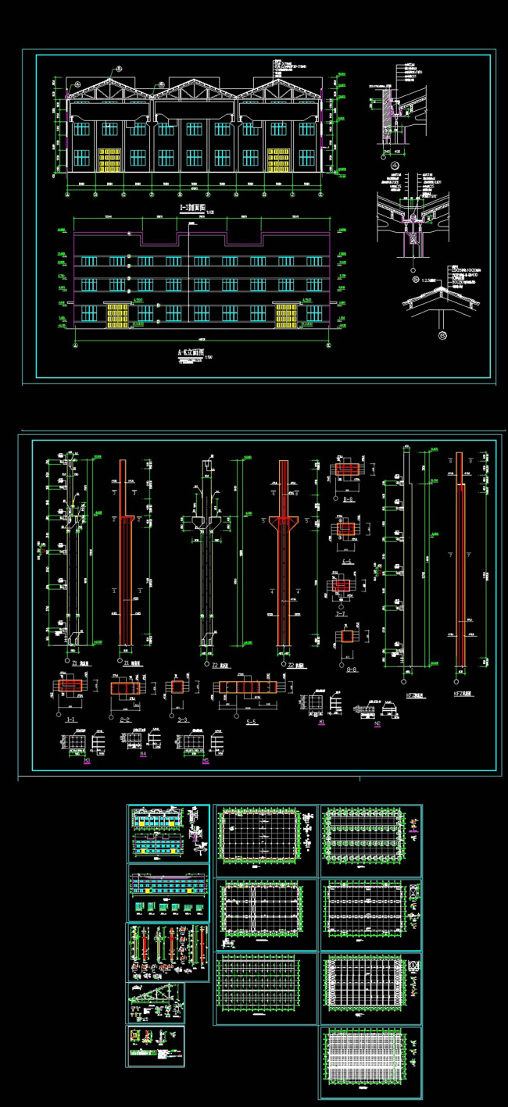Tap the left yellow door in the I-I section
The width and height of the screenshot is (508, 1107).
pos(109,159)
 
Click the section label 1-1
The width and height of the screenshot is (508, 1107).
pos(71,718)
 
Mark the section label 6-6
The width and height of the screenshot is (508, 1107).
pos(346,562)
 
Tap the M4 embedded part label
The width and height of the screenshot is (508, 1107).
pos(143,755)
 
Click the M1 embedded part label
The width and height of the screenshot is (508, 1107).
pos(321,724)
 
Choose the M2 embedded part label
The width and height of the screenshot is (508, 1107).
pos(377,723)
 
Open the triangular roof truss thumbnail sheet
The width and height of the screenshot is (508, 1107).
pos(156,1003)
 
